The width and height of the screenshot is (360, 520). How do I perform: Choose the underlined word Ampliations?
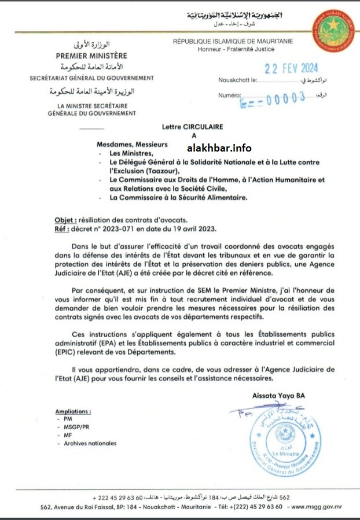(73, 411)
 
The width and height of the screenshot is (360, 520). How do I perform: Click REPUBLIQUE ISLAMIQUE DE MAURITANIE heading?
(233, 41)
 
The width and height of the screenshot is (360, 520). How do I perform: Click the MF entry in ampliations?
(68, 435)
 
